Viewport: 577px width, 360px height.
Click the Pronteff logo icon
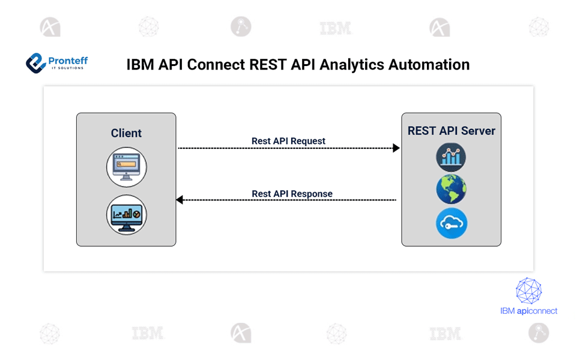pyautogui.click(x=35, y=62)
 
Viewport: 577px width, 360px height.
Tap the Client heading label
pyautogui.click(x=126, y=133)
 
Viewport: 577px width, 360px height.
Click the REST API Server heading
pyautogui.click(x=451, y=131)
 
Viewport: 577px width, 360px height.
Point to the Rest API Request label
pyautogui.click(x=288, y=141)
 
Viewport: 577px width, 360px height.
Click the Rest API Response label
pyautogui.click(x=292, y=194)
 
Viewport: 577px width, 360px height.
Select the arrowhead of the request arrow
pyautogui.click(x=396, y=148)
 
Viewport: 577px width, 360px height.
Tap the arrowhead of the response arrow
pyautogui.click(x=180, y=200)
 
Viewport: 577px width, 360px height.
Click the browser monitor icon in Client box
pyautogui.click(x=127, y=167)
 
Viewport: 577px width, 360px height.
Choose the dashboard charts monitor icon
pyautogui.click(x=127, y=214)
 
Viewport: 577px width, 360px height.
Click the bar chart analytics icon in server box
pyautogui.click(x=451, y=157)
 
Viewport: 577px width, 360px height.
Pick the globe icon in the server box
pyautogui.click(x=451, y=190)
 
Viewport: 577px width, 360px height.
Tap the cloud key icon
pyautogui.click(x=451, y=223)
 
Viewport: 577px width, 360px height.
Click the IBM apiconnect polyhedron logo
pyautogui.click(x=528, y=291)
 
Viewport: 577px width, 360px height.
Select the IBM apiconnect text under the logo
pyautogui.click(x=528, y=311)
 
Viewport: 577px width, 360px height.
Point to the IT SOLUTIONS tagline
pyautogui.click(x=67, y=68)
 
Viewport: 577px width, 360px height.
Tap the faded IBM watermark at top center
pyautogui.click(x=336, y=28)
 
